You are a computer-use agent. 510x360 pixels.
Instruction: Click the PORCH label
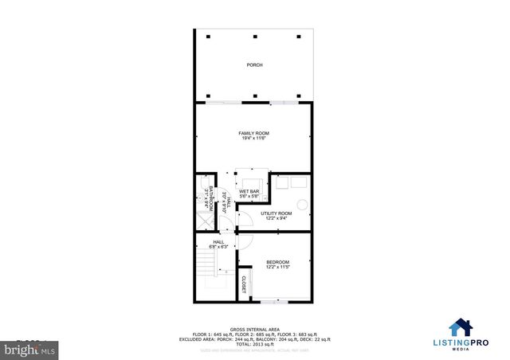pos(254,65)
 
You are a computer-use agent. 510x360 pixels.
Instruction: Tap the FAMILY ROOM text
pos(254,132)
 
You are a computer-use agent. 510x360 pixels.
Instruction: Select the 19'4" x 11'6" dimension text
pos(254,139)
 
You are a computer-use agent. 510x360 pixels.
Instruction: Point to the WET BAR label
pos(249,192)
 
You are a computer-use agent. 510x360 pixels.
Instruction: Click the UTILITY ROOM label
pos(277,213)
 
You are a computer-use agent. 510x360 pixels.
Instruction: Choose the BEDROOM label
pos(277,262)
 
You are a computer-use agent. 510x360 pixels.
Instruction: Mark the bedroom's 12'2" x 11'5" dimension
pos(277,268)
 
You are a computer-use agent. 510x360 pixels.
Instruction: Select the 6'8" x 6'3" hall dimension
pos(218,247)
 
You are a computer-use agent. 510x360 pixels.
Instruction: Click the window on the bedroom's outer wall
pos(274,302)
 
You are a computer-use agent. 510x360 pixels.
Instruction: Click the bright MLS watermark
pos(25,348)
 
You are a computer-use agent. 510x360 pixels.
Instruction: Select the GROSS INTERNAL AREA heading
pos(253,328)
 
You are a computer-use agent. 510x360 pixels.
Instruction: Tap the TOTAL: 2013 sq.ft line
pos(253,343)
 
